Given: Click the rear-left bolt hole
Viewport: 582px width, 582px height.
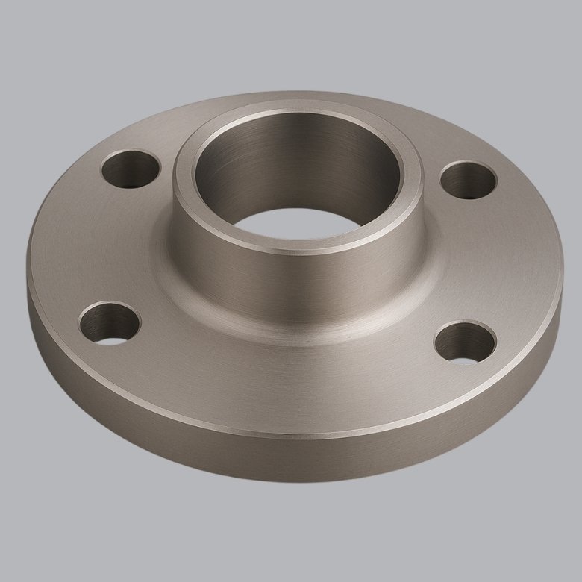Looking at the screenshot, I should tap(131, 169).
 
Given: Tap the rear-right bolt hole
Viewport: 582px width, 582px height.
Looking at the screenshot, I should tap(468, 180).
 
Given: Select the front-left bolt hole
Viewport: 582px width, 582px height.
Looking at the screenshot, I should tap(110, 322).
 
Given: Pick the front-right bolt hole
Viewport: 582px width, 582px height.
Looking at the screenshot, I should tap(465, 342).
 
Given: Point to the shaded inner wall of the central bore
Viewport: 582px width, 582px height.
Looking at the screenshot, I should tap(298, 160).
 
